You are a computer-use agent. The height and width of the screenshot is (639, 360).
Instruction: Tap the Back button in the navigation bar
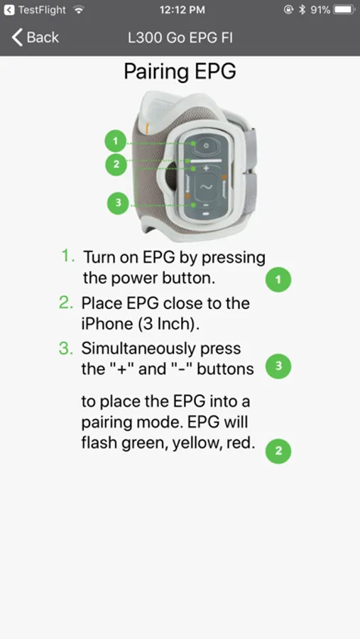click(35, 38)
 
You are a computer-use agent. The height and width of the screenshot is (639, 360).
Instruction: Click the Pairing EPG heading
click(180, 71)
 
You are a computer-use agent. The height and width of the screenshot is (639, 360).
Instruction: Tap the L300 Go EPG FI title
click(180, 38)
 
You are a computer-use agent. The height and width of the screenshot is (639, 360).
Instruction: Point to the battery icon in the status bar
click(344, 10)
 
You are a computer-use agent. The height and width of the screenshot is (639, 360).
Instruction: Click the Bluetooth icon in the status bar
click(302, 10)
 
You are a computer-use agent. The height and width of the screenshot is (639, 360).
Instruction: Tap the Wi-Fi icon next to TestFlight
click(78, 10)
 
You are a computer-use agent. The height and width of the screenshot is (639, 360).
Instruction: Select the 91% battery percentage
click(320, 10)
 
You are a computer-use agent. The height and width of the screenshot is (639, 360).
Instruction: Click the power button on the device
click(206, 146)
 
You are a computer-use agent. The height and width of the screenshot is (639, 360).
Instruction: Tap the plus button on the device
click(206, 168)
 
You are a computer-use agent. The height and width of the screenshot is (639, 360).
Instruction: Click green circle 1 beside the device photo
click(116, 142)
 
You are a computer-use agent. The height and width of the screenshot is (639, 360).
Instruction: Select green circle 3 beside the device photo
click(118, 203)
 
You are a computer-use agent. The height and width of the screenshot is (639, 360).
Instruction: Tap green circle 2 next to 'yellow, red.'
click(278, 451)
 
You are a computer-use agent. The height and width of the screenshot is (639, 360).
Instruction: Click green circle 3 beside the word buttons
click(278, 366)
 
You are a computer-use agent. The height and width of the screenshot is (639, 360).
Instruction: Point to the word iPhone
click(107, 324)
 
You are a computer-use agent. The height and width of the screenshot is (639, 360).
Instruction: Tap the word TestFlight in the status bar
click(42, 10)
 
